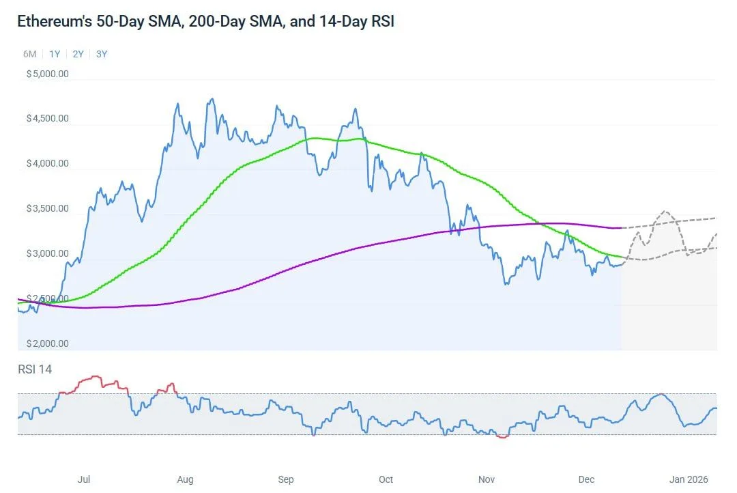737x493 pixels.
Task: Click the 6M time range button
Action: tap(29, 54)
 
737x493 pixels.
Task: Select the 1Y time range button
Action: tap(55, 54)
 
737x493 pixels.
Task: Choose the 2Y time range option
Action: tap(78, 54)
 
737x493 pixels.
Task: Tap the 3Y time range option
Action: tap(102, 54)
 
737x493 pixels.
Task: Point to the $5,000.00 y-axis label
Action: tap(47, 74)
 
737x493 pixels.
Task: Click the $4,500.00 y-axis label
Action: tap(47, 118)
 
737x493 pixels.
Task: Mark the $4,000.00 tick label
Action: tap(47, 163)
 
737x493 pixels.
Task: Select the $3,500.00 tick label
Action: tap(47, 208)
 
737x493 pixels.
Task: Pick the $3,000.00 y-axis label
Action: tap(47, 253)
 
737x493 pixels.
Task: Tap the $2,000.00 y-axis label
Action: tap(47, 343)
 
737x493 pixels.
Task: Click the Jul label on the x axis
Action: tap(84, 479)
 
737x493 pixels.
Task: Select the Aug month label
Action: tap(185, 479)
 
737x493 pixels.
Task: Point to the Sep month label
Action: tap(286, 479)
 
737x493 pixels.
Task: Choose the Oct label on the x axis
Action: tap(386, 479)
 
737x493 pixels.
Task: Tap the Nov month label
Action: tap(487, 479)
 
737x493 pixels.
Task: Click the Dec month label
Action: tap(587, 479)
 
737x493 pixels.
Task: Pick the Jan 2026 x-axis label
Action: tap(687, 479)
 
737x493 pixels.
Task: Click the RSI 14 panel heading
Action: tap(35, 369)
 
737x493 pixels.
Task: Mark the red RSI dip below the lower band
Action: tap(503, 436)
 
